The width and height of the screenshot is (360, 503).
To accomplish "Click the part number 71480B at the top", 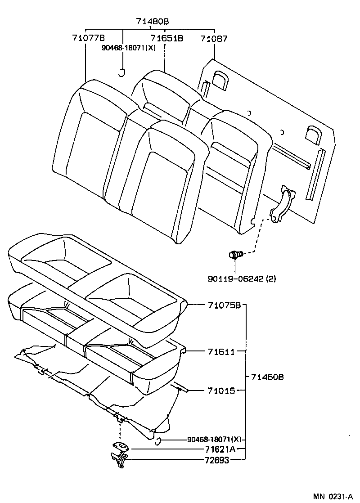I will click(153, 21).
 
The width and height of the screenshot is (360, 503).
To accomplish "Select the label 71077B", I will click(88, 39).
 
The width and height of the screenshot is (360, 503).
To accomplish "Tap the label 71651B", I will click(167, 39).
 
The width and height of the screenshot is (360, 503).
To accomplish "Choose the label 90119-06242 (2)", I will click(242, 278).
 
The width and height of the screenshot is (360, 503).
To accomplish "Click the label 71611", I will click(221, 351).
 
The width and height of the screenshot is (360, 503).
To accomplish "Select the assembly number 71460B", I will click(267, 377).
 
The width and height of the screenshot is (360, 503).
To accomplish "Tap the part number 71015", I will click(221, 391).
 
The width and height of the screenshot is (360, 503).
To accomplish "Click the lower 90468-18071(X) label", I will click(214, 439).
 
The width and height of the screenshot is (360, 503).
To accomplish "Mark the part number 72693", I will click(217, 460).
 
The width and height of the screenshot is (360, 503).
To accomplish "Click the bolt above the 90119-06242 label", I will click(236, 255).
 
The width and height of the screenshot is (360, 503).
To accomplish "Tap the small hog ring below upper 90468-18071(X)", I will click(121, 72).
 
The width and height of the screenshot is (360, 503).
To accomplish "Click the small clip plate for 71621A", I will click(120, 446).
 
